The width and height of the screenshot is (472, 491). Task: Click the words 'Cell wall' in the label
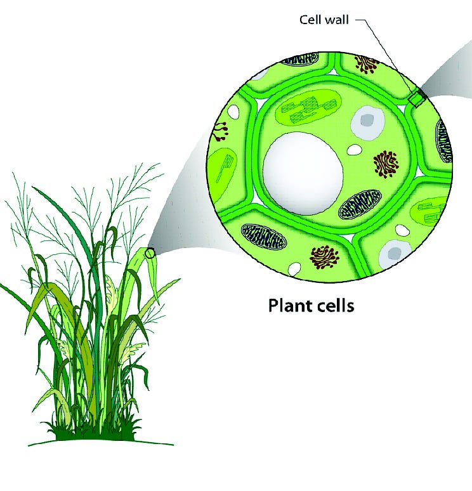coord(324,20)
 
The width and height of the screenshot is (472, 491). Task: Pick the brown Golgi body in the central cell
coord(386,164)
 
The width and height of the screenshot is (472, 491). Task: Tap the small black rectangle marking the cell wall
coord(416,99)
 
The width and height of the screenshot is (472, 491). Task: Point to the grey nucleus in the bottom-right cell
coord(393,252)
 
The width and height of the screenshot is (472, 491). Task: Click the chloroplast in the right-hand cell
coord(433,214)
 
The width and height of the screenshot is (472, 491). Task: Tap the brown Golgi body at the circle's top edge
coord(366,63)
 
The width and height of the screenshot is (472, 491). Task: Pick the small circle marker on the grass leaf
coord(150,253)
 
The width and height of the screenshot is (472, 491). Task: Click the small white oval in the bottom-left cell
coord(293,268)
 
